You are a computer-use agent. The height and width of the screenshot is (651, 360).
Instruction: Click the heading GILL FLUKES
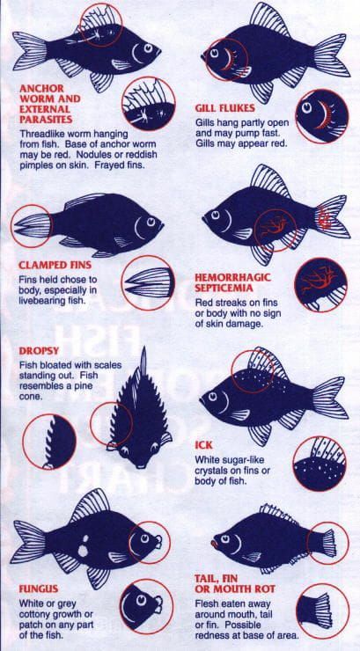pyautogui.click(x=224, y=108)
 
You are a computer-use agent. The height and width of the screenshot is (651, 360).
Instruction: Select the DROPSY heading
pyautogui.click(x=39, y=350)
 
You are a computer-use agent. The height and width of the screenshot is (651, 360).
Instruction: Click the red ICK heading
pyautogui.click(x=203, y=445)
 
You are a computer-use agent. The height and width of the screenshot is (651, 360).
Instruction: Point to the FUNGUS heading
pyautogui.click(x=39, y=589)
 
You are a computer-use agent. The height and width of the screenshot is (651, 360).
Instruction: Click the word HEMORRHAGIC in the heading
pyautogui.click(x=233, y=277)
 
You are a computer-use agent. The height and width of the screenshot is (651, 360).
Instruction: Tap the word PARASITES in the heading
pyautogui.click(x=46, y=120)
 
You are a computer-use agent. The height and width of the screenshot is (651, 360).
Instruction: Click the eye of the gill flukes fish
pyautogui.click(x=215, y=53)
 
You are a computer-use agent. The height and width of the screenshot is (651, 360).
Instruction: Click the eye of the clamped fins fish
pyautogui.click(x=151, y=221)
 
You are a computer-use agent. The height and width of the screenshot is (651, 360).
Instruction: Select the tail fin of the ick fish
pyautogui.click(x=330, y=397)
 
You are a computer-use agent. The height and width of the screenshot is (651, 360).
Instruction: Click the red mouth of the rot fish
pyautogui.click(x=214, y=543)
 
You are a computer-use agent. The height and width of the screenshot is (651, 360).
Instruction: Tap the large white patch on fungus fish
pyautogui.click(x=83, y=551)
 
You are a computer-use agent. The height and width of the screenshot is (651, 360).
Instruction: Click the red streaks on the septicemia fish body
pyautogui.click(x=273, y=226)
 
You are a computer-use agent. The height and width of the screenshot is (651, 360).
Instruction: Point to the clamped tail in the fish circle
pyautogui.click(x=32, y=225)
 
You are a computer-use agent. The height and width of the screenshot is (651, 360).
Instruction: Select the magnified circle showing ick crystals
pyautogui.click(x=320, y=464)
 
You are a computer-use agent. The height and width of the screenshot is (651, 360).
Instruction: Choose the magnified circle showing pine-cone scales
pyautogui.click(x=49, y=442)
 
